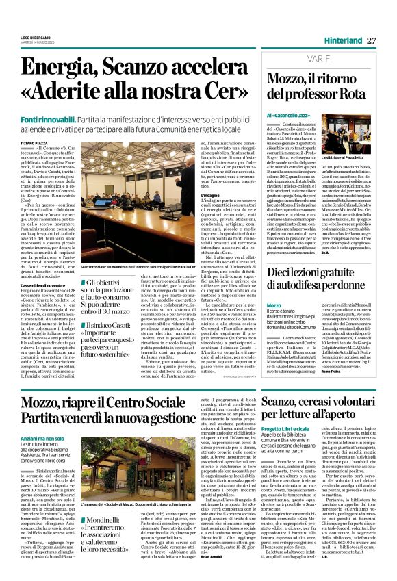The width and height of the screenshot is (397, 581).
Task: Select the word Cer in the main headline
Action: pos(229,90)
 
